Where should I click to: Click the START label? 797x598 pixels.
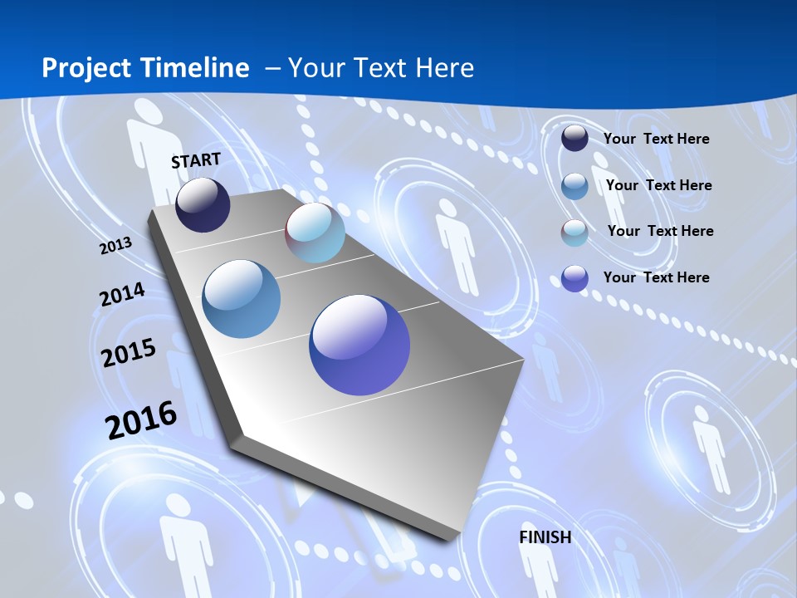pos(196,160)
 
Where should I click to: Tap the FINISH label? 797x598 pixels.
pos(545,537)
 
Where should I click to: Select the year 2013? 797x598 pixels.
pos(115,246)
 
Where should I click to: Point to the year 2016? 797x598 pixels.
pos(141,420)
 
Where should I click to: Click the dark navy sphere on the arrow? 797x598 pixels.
pos(203,204)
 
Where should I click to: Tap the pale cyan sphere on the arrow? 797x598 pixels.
pos(315,233)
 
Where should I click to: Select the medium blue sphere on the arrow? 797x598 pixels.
pos(242,299)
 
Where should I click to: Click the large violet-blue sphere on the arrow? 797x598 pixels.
pos(359,345)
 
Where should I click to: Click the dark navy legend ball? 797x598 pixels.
pos(575,139)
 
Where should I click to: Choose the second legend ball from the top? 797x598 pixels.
pos(575,186)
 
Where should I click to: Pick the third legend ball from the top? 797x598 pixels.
pos(575,233)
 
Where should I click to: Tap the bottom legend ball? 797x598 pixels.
pos(575,278)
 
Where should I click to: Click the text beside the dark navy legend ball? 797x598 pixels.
pos(656,139)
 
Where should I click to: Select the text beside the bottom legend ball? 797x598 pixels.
pos(656,277)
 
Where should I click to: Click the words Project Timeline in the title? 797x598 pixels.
pos(145,68)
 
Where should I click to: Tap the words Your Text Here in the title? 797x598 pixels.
pos(381,68)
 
